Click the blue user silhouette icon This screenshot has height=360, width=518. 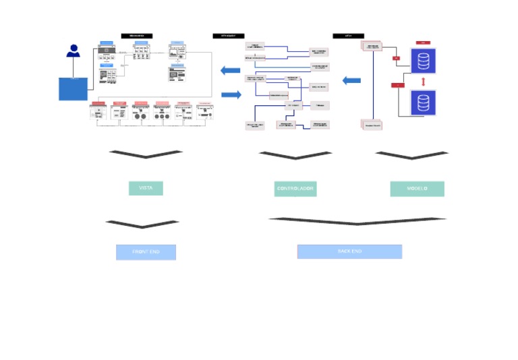(74, 51)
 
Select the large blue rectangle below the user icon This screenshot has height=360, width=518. (73, 89)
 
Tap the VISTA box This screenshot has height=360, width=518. (146, 188)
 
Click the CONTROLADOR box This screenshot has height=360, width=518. (295, 189)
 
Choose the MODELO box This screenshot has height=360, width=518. (417, 189)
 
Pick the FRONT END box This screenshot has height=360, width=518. (146, 252)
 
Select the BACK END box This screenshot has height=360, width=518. (349, 251)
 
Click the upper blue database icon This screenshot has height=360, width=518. (423, 61)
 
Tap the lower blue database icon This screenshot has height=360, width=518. (423, 103)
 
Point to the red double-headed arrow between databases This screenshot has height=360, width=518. (423, 82)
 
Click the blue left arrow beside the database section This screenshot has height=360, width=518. (351, 81)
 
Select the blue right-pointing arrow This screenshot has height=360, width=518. (231, 94)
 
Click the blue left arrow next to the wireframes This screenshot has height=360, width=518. (231, 70)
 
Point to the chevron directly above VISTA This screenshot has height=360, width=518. (146, 154)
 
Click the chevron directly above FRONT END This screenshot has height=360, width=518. (142, 224)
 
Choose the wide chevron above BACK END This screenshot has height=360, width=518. (357, 220)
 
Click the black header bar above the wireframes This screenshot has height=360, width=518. (137, 36)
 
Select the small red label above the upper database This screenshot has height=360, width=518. (424, 42)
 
